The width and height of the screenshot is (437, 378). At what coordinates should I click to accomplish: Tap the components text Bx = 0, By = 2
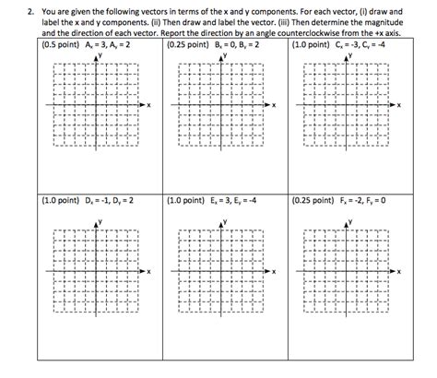tap(236, 43)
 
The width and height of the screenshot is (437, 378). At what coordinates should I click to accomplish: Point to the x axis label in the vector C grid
tap(398, 104)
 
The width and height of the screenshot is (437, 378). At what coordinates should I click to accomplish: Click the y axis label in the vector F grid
tap(352, 222)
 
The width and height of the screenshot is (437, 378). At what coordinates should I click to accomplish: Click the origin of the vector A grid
tap(95, 104)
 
